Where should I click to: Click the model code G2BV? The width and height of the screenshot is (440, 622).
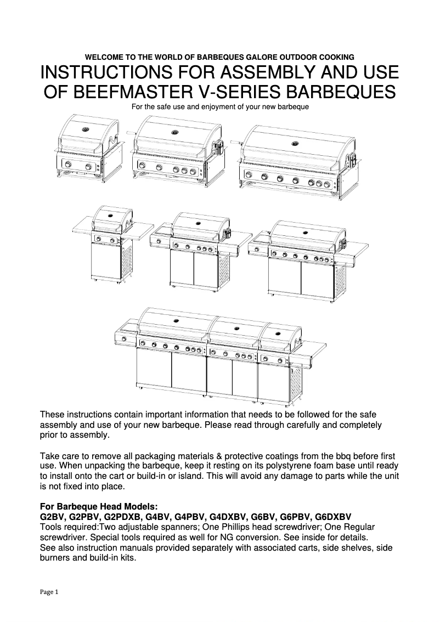click(x=53, y=517)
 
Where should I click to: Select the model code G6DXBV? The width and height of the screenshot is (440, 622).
click(x=332, y=517)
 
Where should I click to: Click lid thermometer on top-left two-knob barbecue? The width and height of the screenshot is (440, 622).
click(x=86, y=130)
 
